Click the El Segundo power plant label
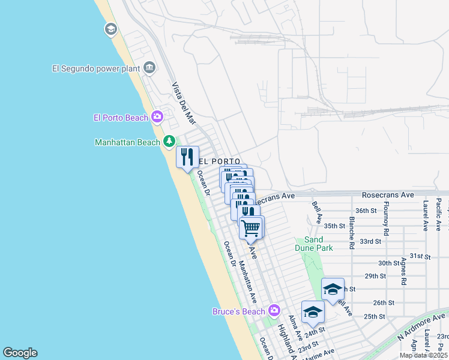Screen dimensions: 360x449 (96, 68)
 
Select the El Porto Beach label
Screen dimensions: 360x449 (120, 118)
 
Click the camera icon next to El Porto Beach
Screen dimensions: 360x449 (157, 116)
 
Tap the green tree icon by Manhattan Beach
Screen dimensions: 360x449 (170, 142)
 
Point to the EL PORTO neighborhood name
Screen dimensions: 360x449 (219, 161)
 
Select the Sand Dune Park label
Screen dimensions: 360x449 (313, 243)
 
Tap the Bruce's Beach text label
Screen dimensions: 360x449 (238, 311)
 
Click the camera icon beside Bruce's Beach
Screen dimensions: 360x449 (274, 310)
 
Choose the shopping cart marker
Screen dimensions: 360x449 (251, 228)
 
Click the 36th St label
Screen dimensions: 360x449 (365, 211)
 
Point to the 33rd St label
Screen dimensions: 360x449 (370, 241)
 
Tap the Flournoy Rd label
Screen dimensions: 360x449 (384, 221)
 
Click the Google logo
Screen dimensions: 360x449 (20, 352)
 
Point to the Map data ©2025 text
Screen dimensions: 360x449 (423, 355)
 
